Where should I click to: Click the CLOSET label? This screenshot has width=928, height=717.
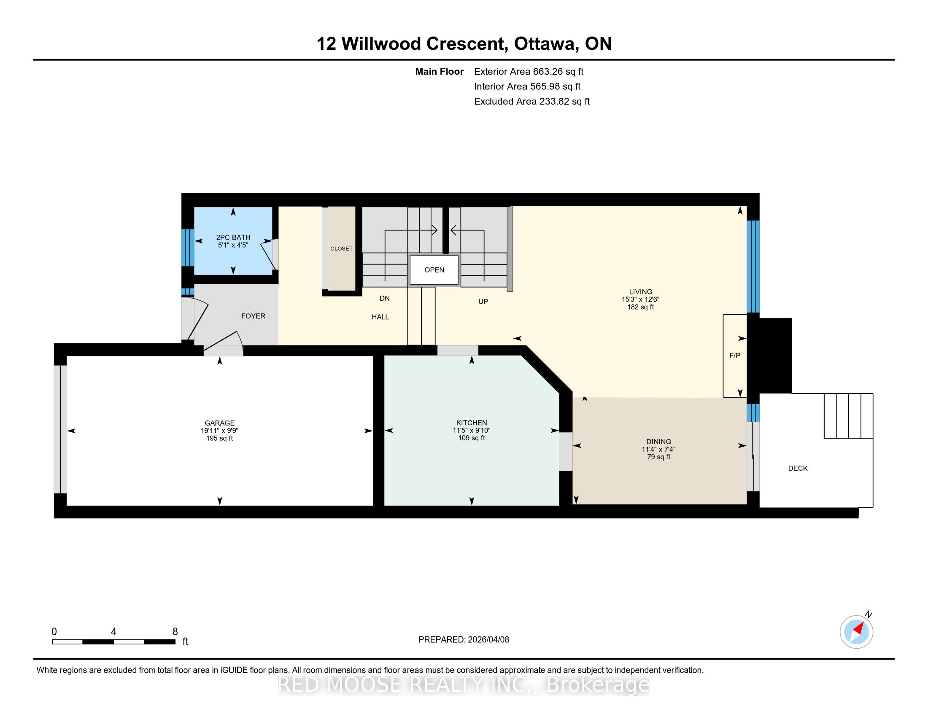pos(341,248)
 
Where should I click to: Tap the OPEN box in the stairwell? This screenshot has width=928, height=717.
pos(434,270)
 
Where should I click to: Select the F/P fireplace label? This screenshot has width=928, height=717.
pos(735,356)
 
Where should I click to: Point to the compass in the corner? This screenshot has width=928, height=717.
pos(857,632)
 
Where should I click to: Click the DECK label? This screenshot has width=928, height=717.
pos(798,468)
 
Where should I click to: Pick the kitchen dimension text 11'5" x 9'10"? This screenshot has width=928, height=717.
pos(472,430)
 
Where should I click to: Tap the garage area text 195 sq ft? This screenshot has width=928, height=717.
pos(220,438)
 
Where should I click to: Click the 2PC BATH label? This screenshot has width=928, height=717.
pos(233,237)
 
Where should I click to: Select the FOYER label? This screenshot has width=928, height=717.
pos(253,316)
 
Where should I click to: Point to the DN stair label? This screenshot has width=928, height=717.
pos(385,298)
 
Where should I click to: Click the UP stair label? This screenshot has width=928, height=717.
pos(483,302)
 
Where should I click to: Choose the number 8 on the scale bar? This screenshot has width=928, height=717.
pos(175,632)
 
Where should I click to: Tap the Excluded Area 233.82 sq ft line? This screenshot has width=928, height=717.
pos(532,101)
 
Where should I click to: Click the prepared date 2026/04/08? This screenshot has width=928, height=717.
pos(488,639)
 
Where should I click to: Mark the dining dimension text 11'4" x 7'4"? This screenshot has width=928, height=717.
pos(658,449)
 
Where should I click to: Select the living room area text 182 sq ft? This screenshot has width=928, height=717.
pos(641,307)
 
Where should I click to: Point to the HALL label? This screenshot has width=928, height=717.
pos(380,317)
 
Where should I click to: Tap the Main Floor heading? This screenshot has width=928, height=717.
pos(440,71)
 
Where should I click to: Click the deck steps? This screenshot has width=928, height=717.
pos(849,415)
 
